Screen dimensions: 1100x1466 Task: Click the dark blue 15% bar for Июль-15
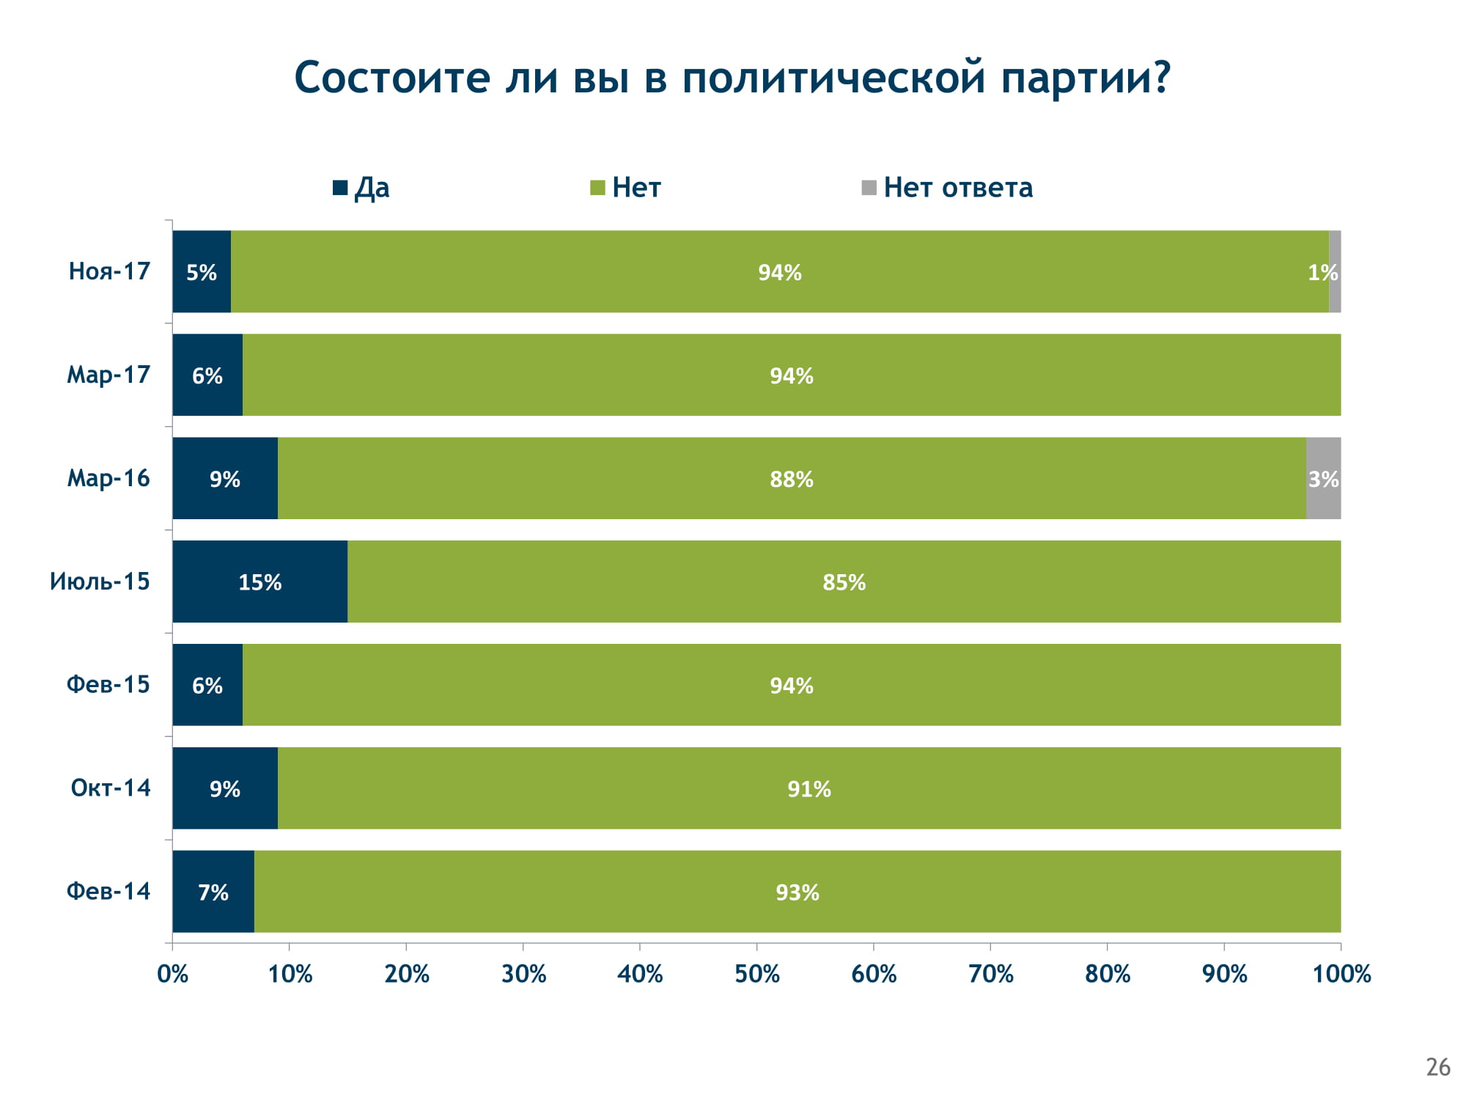(260, 582)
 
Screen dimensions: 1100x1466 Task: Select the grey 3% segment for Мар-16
(1323, 478)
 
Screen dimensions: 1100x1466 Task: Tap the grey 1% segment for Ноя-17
(1335, 271)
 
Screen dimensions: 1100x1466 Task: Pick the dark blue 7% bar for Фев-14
(213, 891)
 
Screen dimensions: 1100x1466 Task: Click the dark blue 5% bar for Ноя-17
(202, 271)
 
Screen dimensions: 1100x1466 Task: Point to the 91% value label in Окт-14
(809, 789)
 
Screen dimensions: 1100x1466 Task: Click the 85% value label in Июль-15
(844, 582)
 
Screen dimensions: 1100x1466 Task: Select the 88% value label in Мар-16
(792, 479)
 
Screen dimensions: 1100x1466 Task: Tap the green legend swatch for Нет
(597, 188)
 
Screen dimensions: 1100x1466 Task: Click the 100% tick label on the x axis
(1341, 974)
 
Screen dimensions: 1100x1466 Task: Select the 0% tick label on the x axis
(173, 974)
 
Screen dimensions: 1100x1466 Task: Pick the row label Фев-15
(108, 684)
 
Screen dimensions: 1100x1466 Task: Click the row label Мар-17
(108, 375)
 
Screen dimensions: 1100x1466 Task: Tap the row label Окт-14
(111, 788)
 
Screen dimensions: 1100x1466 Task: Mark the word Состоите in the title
(392, 78)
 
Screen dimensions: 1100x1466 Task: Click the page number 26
(1438, 1067)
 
